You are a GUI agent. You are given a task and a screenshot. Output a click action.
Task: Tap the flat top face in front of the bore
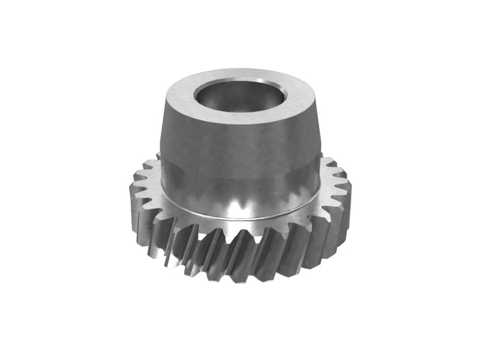(240, 119)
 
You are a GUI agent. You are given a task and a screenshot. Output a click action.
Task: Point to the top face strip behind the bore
(240, 74)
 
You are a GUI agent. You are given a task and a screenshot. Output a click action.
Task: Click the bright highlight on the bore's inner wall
(264, 90)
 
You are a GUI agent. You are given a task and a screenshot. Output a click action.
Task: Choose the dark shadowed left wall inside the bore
(207, 96)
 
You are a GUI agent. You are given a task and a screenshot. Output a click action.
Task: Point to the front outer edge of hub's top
(240, 127)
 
